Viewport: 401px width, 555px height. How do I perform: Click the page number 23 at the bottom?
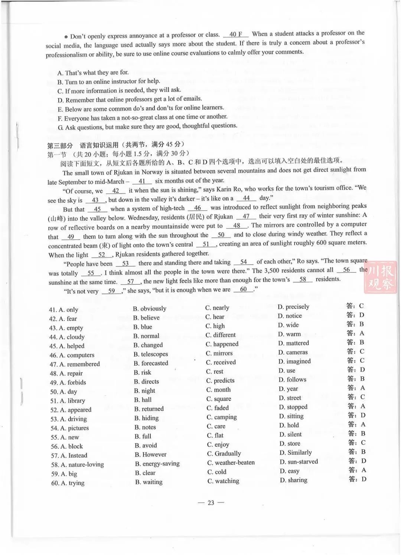tap(211, 503)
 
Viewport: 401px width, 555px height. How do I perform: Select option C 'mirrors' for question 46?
tap(219, 353)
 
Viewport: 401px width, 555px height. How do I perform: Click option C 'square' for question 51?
tap(219, 399)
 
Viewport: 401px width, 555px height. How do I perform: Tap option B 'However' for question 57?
tap(151, 455)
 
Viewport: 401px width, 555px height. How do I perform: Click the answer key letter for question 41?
tap(361, 306)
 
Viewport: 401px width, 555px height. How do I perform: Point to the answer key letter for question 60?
tap(363, 479)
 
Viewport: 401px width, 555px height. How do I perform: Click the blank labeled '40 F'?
tap(236, 34)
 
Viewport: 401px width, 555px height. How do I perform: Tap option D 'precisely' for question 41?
tap(293, 307)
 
